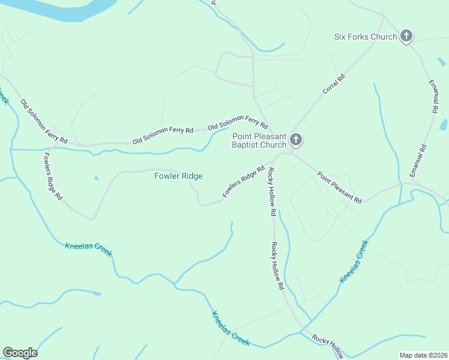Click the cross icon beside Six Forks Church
tap(406, 37)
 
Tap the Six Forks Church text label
tap(366, 37)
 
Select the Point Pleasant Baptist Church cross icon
tap(295, 140)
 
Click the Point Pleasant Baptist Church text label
tap(259, 140)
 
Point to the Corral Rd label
tap(334, 84)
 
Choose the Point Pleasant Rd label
tap(340, 187)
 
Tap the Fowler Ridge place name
tap(178, 176)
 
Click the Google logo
tap(20, 353)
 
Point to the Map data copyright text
tap(423, 355)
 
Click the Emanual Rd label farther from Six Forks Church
tap(418, 160)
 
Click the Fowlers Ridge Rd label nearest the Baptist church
tap(243, 182)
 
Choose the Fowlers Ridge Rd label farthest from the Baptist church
tap(53, 175)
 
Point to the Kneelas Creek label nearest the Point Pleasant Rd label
tap(354, 262)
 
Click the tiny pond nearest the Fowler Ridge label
tap(96, 178)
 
